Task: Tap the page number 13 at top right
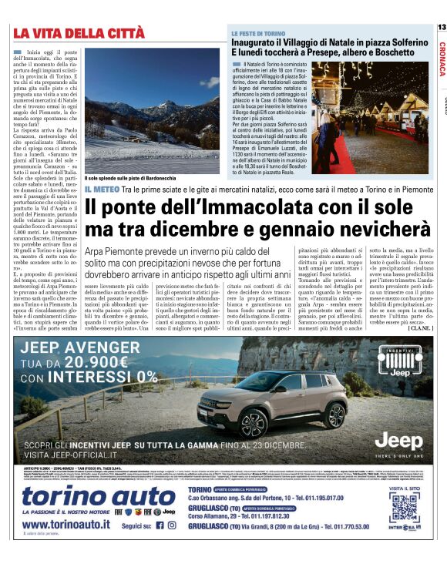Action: [441, 27]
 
